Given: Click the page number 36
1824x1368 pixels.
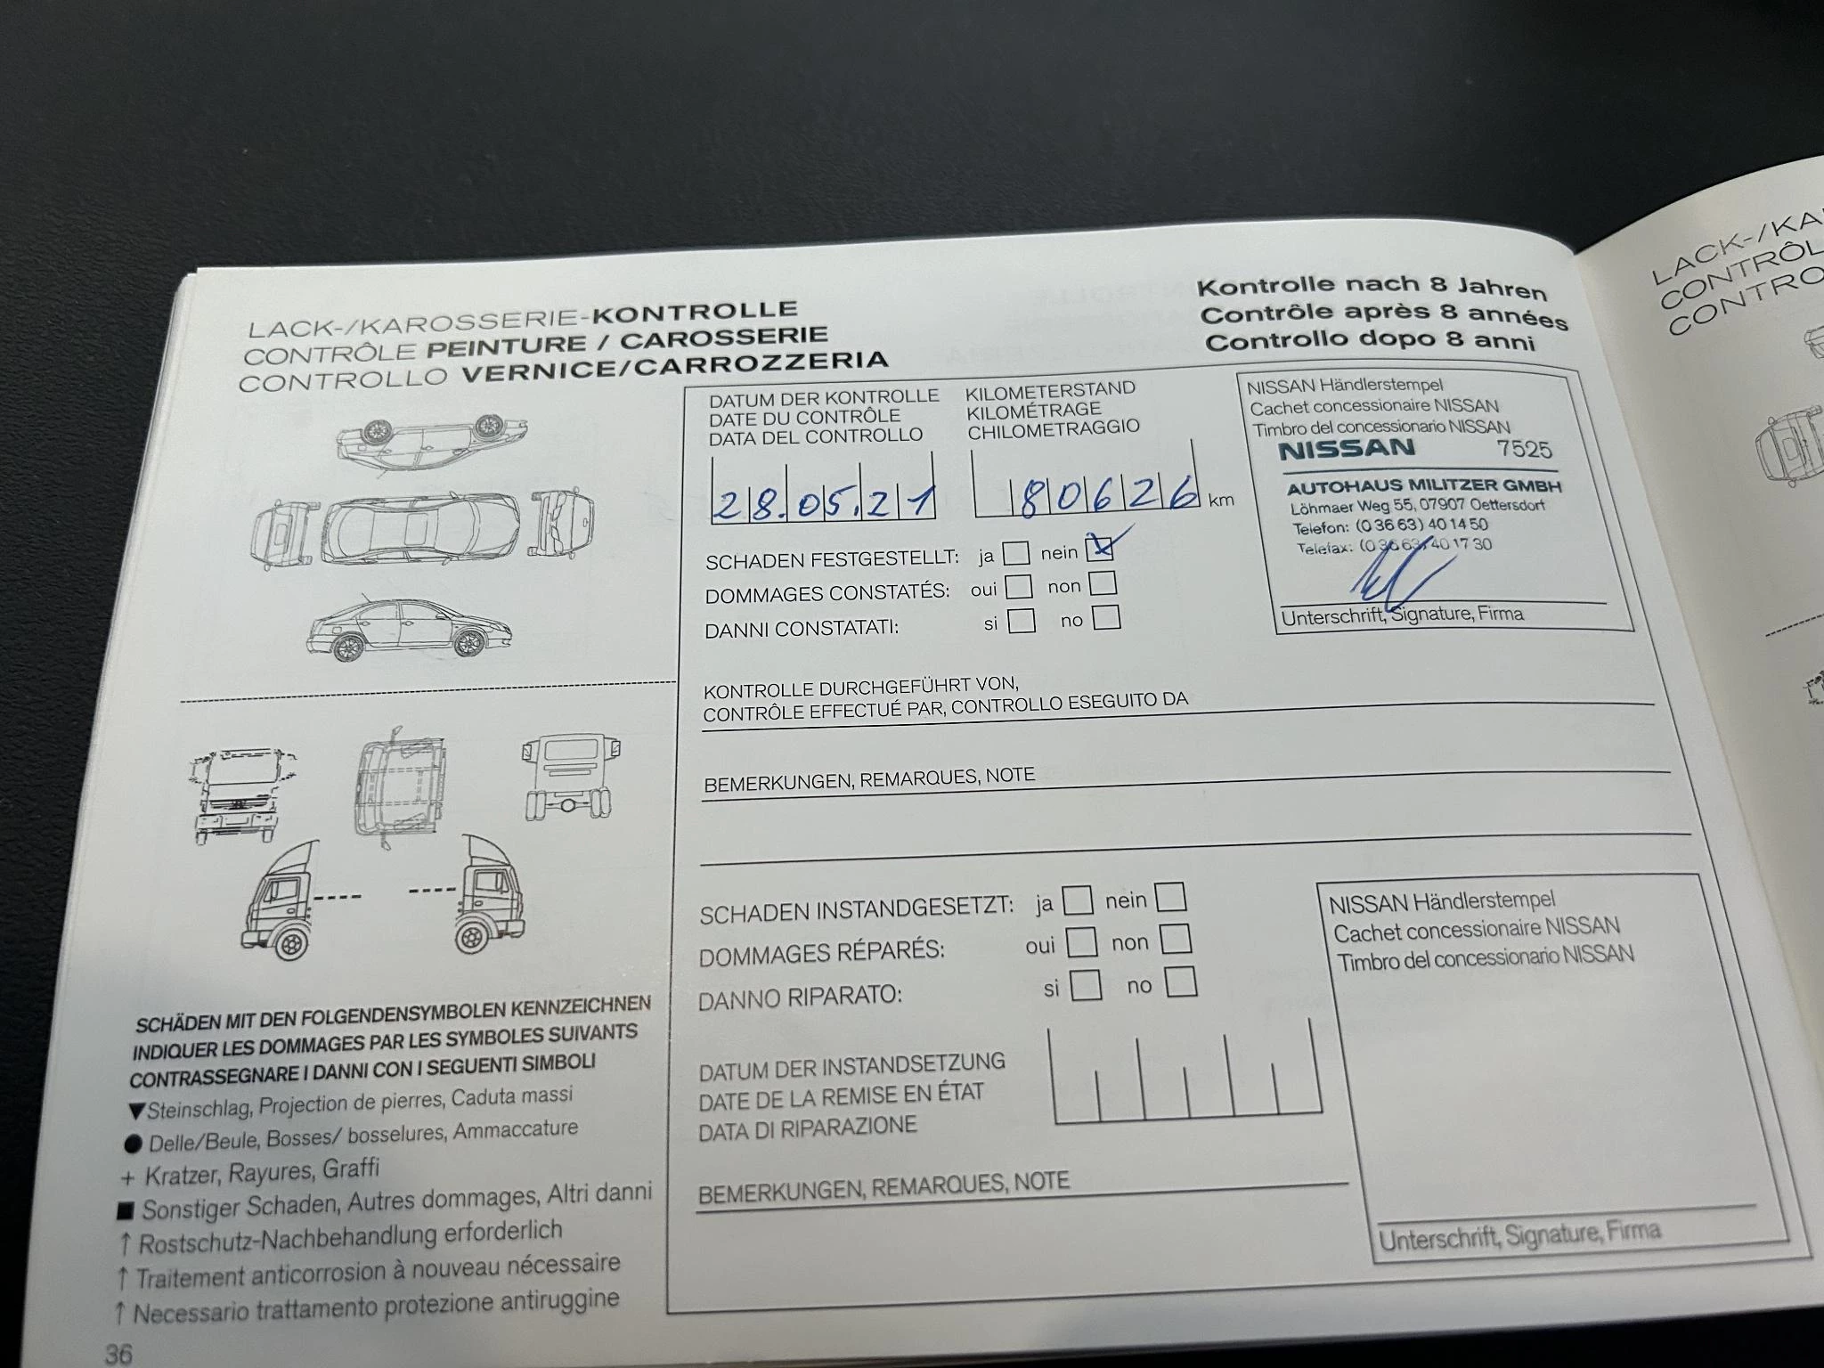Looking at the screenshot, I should (118, 1354).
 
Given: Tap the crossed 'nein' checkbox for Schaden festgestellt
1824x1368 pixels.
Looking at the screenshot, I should (1101, 548).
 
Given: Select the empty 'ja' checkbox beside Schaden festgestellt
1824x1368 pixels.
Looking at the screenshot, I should (1015, 554).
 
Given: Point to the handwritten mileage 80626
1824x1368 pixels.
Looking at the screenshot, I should (1104, 496).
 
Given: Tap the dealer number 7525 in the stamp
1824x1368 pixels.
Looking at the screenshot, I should (1523, 449).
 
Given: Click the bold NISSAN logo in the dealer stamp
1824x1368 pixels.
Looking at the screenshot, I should (1346, 450).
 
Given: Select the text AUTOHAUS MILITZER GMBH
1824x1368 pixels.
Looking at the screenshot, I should (1423, 486).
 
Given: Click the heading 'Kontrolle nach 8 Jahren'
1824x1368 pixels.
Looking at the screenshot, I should (1371, 287).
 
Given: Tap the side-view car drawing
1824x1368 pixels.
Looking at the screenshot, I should (410, 629).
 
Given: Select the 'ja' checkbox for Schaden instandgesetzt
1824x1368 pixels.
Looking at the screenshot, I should (1078, 900).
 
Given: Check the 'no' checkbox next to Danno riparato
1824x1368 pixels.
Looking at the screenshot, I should (1181, 982).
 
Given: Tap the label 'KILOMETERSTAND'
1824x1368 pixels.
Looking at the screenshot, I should (1050, 389).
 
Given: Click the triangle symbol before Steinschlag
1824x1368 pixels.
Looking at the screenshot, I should (136, 1111).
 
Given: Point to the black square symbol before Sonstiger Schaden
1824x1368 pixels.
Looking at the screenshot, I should (126, 1211).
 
